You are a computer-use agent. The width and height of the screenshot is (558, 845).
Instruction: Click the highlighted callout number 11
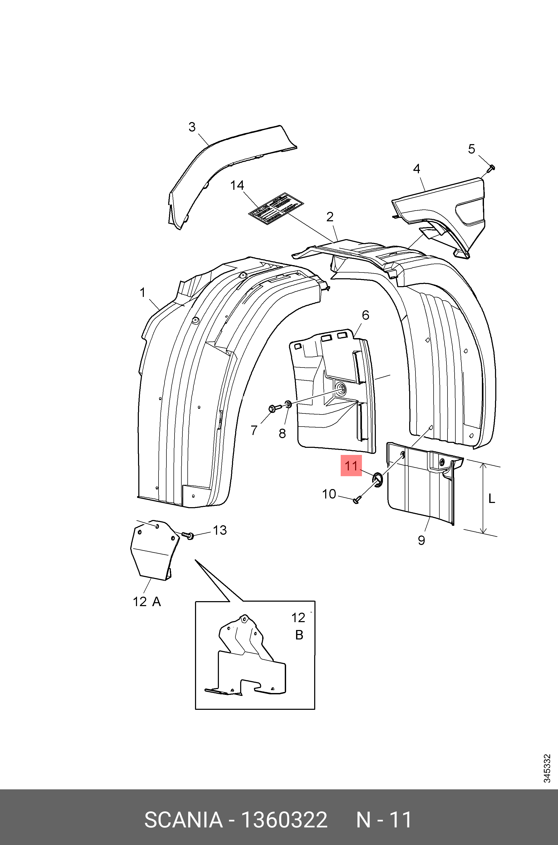tap(351, 466)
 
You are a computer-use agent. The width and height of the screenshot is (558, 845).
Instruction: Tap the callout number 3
tap(192, 127)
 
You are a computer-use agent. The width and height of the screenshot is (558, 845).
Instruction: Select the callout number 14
tap(237, 185)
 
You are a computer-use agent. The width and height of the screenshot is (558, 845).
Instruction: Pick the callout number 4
tap(416, 169)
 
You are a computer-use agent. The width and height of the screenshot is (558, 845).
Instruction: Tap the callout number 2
tap(330, 217)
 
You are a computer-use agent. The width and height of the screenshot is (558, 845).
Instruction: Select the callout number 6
tap(365, 315)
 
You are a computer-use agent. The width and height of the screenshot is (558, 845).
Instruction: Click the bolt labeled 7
tap(274, 408)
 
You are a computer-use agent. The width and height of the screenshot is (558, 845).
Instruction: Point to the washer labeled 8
tap(288, 404)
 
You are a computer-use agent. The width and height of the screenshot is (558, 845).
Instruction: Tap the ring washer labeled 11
tap(378, 479)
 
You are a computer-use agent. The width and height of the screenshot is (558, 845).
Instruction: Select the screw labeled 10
tap(357, 500)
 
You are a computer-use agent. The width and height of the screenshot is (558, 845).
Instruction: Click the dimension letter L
tap(491, 499)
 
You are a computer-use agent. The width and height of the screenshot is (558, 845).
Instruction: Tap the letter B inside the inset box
tap(299, 635)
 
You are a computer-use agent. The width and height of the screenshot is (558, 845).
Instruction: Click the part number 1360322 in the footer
tap(284, 820)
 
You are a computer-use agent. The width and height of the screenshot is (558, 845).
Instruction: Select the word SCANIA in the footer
tap(183, 820)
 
